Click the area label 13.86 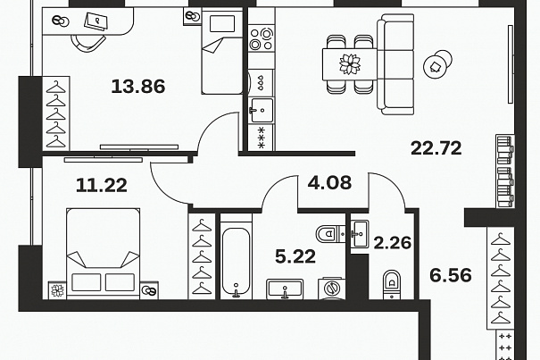(138, 87)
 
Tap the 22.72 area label (436, 148)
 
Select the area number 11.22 (102, 185)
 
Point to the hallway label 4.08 (329, 182)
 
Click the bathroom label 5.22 (295, 256)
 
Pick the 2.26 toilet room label (392, 243)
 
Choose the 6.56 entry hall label (451, 275)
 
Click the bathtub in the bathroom (236, 261)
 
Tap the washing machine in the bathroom (332, 288)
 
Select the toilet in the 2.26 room (392, 284)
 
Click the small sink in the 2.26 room (360, 234)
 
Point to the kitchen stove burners (262, 38)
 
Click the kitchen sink (262, 111)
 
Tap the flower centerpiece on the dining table (350, 64)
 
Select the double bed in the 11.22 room (104, 253)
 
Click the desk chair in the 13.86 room (87, 42)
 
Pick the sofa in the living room (395, 64)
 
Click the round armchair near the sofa (437, 64)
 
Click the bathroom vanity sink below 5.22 (285, 289)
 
